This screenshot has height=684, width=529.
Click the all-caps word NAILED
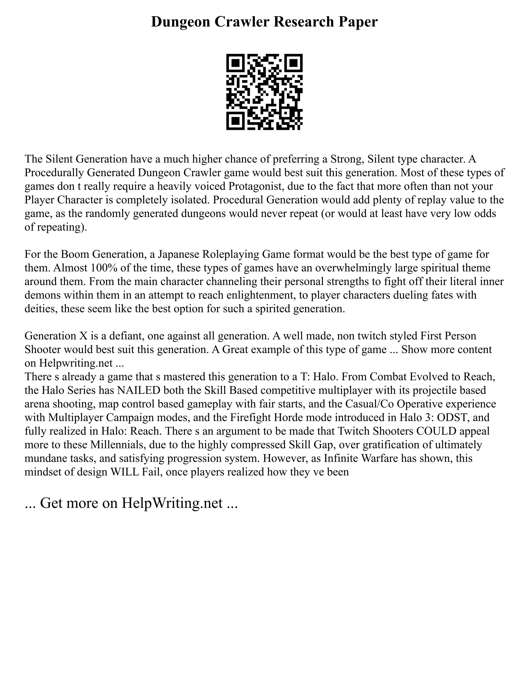pyautogui.click(x=138, y=390)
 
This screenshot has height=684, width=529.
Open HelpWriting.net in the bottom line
pyautogui.click(x=172, y=503)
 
